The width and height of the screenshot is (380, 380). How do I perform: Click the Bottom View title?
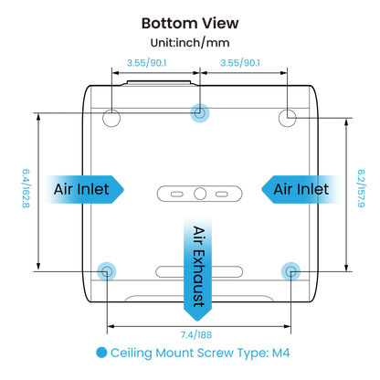[x=190, y=24]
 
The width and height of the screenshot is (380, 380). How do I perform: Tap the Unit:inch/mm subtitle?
[x=190, y=43]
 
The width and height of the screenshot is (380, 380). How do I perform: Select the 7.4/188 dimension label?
[x=196, y=335]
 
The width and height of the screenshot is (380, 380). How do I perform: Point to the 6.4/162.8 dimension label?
[x=26, y=189]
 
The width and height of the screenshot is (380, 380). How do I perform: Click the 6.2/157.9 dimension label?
[x=361, y=189]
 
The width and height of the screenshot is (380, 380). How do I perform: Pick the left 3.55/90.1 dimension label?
[x=147, y=63]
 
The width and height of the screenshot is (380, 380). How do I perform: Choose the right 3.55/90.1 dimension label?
[x=240, y=63]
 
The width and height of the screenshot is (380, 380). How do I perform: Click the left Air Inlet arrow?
[x=84, y=189]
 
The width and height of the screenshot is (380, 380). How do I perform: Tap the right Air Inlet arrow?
[x=301, y=189]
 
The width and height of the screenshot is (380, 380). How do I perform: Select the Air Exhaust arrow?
[x=197, y=268]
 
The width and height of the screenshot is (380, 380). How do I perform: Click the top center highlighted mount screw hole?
[x=200, y=113]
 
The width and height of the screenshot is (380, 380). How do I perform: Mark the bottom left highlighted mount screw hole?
[x=107, y=271]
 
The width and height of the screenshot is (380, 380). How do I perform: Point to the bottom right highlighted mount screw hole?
[x=290, y=271]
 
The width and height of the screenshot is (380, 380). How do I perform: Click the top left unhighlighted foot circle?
[x=111, y=118]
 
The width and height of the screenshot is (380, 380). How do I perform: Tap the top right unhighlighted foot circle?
[x=288, y=118]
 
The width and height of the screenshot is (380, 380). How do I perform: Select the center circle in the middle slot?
[x=200, y=194]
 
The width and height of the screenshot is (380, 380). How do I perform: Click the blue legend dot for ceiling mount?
[x=101, y=353]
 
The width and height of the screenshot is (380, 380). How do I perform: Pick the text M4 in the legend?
[x=280, y=353]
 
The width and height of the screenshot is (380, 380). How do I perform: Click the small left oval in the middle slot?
[x=177, y=194]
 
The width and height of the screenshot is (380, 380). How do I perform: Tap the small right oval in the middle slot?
[x=222, y=194]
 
